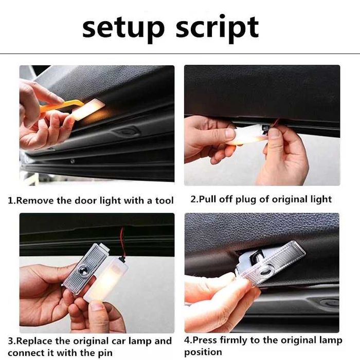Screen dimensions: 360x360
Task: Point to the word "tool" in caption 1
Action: pyautogui.click(x=164, y=200)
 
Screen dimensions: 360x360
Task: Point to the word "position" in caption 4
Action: pyautogui.click(x=203, y=352)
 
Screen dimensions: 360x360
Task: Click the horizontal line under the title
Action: pyautogui.click(x=180, y=53)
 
